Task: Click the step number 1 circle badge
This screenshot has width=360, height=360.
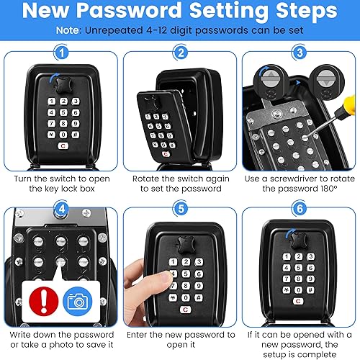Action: tap(62, 53)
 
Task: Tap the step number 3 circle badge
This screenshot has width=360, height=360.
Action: tap(300, 53)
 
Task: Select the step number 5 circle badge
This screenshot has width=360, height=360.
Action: tap(181, 209)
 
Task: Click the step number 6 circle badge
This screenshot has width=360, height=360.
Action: tap(300, 209)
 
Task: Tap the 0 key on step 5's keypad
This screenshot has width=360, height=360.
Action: tap(186, 298)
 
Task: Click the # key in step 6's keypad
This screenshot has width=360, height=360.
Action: tap(310, 290)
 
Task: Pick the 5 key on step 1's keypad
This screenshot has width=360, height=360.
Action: tap(63, 112)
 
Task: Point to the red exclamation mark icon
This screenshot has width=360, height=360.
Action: tap(43, 301)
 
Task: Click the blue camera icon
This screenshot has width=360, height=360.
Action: tap(78, 301)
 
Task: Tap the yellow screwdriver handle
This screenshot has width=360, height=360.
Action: tap(349, 104)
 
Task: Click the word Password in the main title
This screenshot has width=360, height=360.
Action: tap(130, 10)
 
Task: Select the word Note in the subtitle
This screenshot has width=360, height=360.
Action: tap(68, 30)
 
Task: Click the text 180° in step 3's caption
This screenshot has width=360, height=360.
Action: tap(328, 189)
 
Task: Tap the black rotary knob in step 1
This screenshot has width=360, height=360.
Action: tap(63, 84)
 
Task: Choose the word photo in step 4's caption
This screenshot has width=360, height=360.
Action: tap(61, 345)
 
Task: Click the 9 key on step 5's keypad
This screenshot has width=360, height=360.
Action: tap(199, 286)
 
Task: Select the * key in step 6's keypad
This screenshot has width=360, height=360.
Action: tap(287, 290)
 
